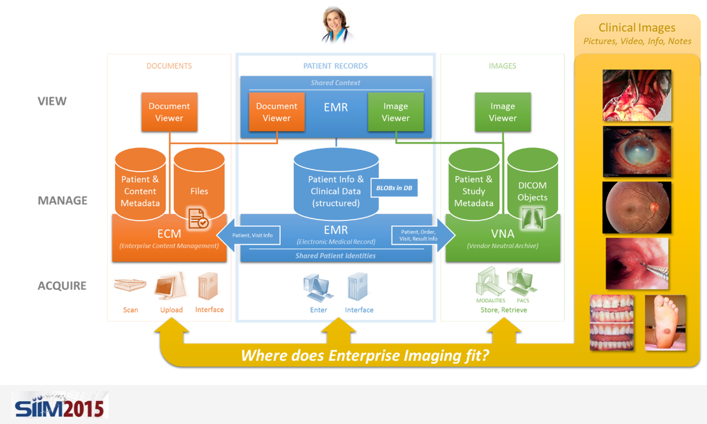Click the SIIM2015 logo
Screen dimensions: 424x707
point(60,404)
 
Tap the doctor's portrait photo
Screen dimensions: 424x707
point(336,24)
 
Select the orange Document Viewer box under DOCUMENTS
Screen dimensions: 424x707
point(169,112)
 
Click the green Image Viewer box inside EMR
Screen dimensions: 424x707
point(395,112)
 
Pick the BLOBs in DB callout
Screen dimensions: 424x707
point(394,187)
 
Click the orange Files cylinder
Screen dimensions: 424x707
point(199,185)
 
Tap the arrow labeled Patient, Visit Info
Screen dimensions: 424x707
point(249,235)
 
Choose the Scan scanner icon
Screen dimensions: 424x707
point(130,285)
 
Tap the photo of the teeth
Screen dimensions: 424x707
point(611,323)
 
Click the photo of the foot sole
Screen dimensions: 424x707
point(665,323)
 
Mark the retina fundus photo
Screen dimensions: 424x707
point(637,208)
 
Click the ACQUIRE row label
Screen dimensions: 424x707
point(62,286)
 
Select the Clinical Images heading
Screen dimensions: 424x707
point(637,28)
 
